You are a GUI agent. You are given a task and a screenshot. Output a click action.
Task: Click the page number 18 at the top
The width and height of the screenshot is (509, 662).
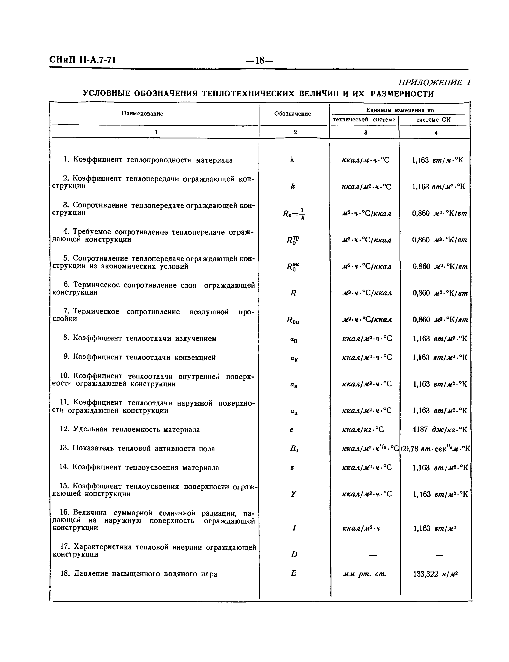[x=260, y=60]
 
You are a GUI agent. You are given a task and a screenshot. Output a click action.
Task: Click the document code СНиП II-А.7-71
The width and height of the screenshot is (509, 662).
[x=82, y=60]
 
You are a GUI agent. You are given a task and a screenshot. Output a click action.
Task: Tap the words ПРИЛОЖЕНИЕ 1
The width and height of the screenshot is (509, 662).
[x=434, y=82]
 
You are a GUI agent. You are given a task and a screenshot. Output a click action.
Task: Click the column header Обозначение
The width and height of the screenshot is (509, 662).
[x=292, y=114]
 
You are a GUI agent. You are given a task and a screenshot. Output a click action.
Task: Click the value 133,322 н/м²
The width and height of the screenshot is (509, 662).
[x=435, y=574]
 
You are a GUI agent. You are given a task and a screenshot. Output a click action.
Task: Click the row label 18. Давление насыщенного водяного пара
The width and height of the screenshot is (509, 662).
[x=139, y=574]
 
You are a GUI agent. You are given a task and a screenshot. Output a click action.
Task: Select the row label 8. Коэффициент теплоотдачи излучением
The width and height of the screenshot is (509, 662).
[x=140, y=338]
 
